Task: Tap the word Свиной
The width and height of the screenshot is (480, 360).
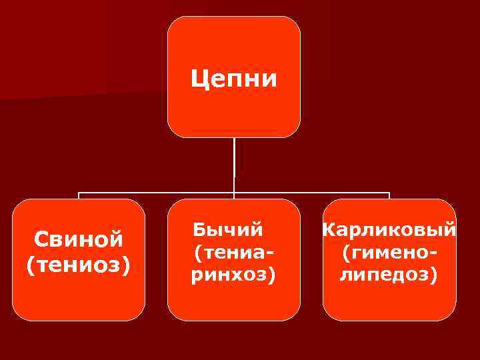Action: click(79, 238)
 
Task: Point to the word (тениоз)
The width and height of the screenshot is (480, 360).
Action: click(79, 265)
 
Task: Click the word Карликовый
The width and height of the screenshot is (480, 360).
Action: click(389, 231)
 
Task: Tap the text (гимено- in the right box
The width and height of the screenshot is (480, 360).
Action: click(390, 253)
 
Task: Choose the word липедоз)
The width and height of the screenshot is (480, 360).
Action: click(389, 275)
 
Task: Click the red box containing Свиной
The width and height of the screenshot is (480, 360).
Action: click(79, 300)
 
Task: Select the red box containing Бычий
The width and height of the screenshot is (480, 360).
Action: click(233, 303)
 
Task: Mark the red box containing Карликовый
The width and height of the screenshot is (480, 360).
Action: click(389, 303)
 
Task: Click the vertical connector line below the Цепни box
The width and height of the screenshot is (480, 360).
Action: click(234, 163)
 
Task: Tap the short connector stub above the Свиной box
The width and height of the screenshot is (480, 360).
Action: click(79, 196)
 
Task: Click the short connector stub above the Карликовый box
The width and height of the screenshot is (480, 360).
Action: click(389, 196)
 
